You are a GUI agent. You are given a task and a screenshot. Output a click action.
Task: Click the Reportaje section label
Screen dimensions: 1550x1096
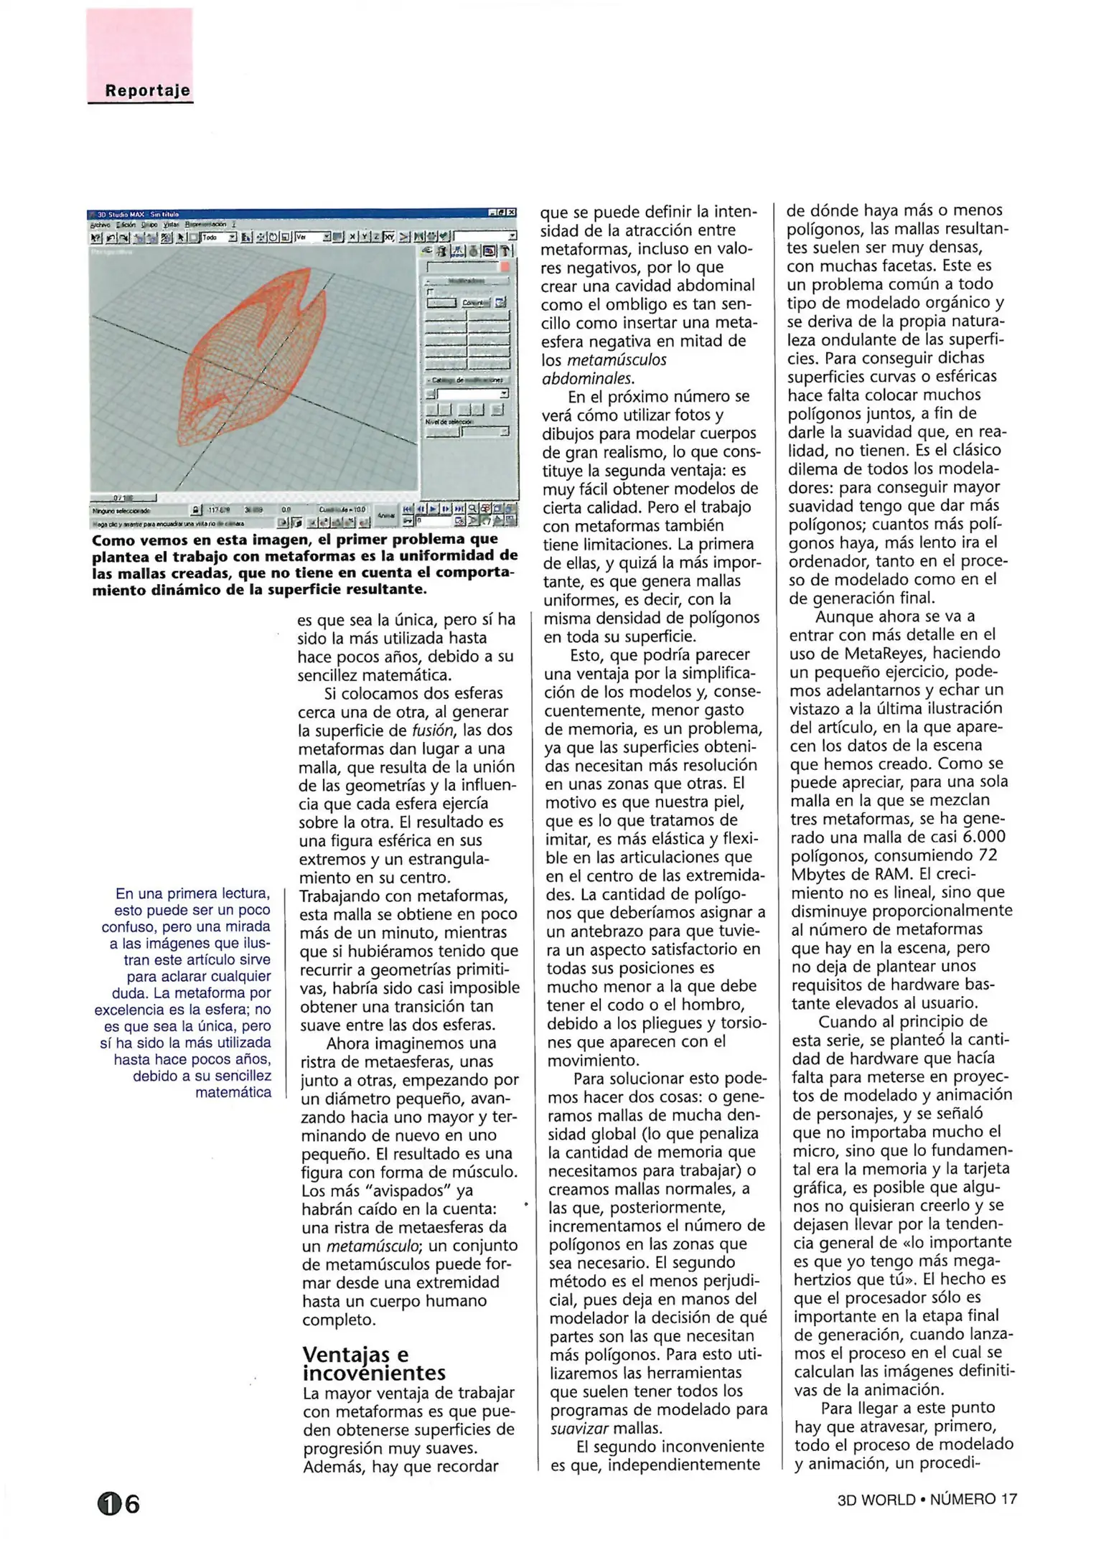(147, 90)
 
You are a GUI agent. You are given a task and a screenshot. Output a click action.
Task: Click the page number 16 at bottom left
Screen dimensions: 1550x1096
(119, 1503)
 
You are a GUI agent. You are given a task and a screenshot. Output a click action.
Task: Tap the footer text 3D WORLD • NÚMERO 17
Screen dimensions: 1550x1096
(927, 1499)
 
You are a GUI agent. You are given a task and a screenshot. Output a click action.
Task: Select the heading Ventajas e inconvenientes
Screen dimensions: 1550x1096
(373, 1363)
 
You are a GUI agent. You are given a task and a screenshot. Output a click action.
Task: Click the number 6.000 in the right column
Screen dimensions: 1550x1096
(984, 837)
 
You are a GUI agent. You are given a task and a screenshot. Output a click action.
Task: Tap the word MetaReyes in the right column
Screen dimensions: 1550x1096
(886, 653)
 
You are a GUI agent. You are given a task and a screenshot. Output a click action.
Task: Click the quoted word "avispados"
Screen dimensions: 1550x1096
(408, 1190)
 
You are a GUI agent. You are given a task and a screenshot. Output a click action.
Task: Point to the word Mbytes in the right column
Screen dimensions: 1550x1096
(818, 874)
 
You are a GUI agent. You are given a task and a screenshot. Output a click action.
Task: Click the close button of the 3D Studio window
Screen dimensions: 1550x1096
(512, 213)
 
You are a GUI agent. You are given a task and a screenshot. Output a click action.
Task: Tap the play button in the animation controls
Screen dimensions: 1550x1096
(434, 508)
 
